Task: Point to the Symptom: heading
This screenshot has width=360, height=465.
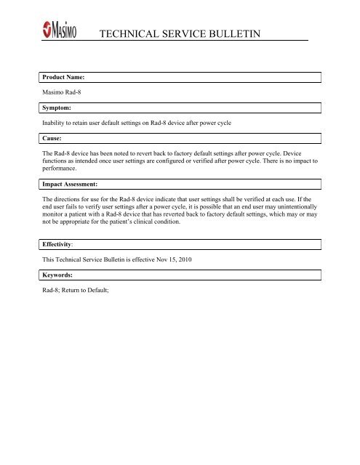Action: (x=57, y=108)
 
